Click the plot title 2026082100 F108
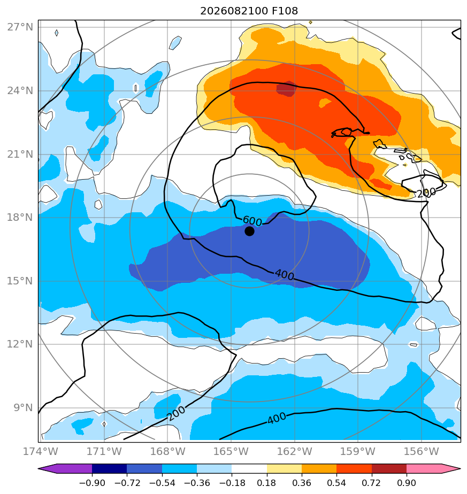(249, 11)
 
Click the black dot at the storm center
(249, 231)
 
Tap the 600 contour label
(252, 221)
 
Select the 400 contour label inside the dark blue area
(285, 275)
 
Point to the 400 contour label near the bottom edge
(277, 419)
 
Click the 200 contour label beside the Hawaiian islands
(427, 192)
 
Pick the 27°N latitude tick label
(20, 27)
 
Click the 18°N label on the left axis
(20, 218)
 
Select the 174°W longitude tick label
(41, 451)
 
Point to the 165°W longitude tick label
(231, 451)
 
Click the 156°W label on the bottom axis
(422, 451)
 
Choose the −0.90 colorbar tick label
(92, 483)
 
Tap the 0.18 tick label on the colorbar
(267, 483)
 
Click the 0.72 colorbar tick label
(372, 483)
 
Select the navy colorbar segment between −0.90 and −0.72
(110, 469)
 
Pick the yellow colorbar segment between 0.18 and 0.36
(284, 469)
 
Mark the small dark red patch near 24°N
(286, 89)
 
